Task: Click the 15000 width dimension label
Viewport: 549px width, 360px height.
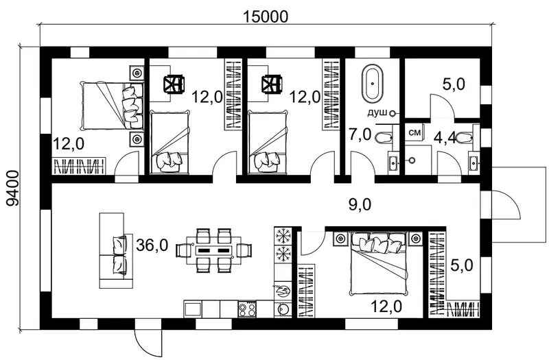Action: [x=266, y=16]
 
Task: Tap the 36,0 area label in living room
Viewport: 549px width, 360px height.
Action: [x=152, y=245]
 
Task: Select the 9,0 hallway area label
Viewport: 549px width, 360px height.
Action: [x=360, y=204]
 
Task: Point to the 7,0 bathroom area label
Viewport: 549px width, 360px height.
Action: [x=360, y=134]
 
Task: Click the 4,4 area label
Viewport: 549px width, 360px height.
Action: [x=445, y=139]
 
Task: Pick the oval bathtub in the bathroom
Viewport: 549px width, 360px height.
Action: [x=373, y=83]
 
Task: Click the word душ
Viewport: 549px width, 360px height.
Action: [x=377, y=112]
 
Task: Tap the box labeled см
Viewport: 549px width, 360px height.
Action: [x=414, y=132]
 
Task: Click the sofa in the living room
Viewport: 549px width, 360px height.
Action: [x=115, y=250]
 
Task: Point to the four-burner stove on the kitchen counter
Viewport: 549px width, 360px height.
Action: [x=247, y=309]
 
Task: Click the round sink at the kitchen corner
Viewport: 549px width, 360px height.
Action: [x=282, y=309]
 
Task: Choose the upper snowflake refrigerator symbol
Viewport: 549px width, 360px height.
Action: [x=283, y=235]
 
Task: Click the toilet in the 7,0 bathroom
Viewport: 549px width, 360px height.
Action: [x=384, y=138]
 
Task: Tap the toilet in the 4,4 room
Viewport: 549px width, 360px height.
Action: [x=467, y=136]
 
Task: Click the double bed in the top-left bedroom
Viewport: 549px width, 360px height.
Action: [x=112, y=105]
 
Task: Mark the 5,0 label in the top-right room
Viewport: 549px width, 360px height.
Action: [x=454, y=84]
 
